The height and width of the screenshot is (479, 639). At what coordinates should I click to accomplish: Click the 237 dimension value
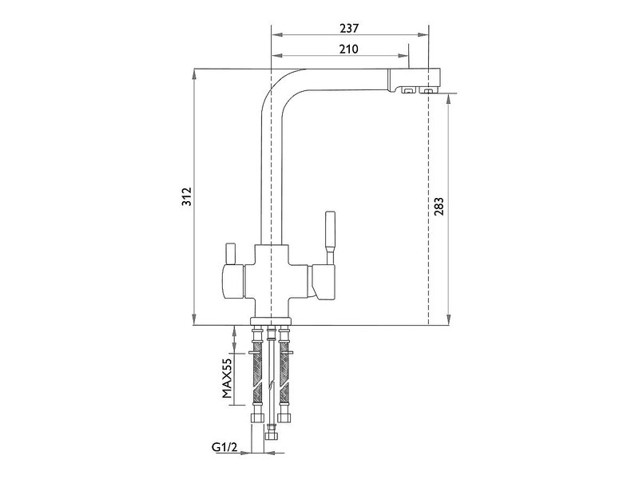pos(349,28)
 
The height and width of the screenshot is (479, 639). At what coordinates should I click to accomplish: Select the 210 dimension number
pos(349,49)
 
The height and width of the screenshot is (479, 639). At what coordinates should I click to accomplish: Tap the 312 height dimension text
pos(187,196)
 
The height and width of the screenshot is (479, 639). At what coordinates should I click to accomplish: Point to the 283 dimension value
pos(439,207)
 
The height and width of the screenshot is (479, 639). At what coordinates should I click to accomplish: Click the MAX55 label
pos(227,378)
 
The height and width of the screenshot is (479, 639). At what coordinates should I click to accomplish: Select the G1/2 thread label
pos(224,447)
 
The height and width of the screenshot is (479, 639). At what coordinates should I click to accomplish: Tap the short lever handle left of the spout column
pos(231,253)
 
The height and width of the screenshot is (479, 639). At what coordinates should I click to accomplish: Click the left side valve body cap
pos(232,281)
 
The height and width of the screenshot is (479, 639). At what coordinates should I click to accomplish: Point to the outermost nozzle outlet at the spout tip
pos(427,90)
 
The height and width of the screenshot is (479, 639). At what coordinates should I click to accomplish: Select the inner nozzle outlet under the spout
pos(407,90)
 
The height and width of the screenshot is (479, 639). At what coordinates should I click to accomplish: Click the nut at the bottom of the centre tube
pos(271,436)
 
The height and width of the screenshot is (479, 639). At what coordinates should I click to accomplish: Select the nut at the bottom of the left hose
pos(257,418)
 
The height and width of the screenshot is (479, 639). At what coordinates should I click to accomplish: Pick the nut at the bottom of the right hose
pos(284,418)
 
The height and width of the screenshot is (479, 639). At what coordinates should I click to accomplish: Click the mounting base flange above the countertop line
pos(271,321)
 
